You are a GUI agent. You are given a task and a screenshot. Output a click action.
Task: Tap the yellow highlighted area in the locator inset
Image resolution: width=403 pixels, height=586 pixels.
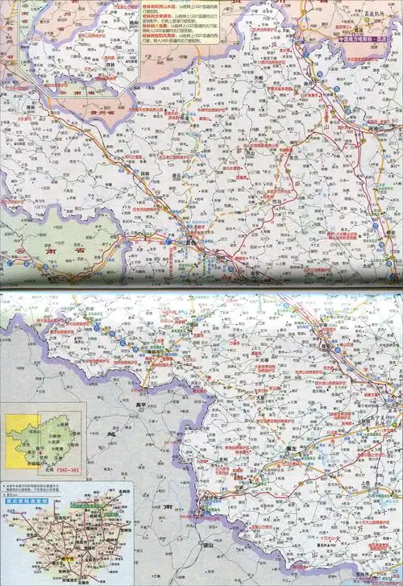coord(21,442)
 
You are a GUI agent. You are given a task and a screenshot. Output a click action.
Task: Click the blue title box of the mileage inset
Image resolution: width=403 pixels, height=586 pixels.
coord(27,501)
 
